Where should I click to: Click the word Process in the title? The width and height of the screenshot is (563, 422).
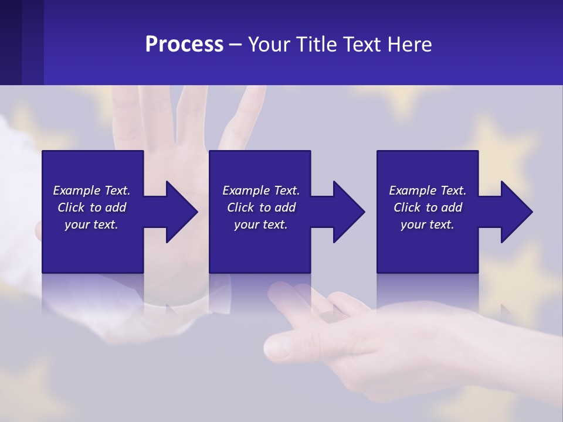184,45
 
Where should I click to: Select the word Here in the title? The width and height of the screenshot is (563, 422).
409,45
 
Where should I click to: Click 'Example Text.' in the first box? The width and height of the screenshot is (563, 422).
91,190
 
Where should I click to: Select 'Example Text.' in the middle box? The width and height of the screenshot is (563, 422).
261,190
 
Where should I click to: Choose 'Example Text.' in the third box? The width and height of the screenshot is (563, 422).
428,190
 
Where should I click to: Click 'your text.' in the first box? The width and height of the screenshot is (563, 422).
91,224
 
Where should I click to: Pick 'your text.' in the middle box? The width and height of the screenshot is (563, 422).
261,224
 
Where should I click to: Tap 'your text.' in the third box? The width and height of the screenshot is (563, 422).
428,224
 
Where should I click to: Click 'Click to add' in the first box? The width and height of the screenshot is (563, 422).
91,207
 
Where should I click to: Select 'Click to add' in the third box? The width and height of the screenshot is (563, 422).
428,207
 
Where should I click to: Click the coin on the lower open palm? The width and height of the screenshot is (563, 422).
332,317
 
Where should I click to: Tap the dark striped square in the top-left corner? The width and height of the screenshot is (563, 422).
21,42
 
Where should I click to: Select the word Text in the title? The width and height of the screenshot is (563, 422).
361,45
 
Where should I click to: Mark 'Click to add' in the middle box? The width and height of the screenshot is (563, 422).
261,207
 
